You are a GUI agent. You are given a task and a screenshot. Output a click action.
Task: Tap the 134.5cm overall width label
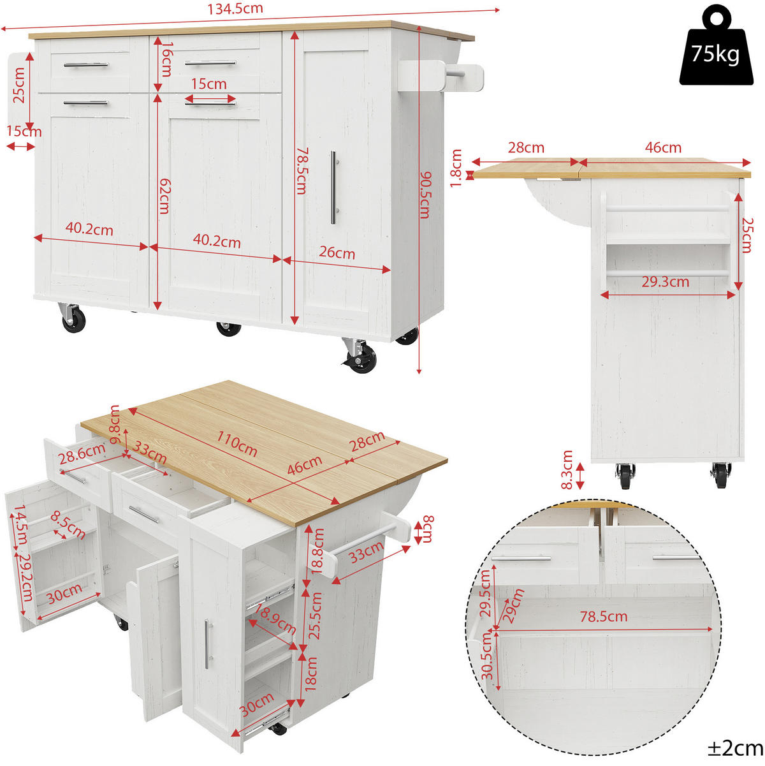click(x=235, y=9)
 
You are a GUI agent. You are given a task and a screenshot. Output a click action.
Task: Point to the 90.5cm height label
click(x=425, y=195)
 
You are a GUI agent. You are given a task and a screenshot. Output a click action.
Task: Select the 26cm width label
click(x=337, y=253)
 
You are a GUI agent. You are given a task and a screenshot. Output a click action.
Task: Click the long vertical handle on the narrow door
click(x=333, y=188)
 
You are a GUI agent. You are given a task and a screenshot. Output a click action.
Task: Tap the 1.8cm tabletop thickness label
click(x=456, y=168)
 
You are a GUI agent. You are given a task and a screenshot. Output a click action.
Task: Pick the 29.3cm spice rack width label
click(x=666, y=281)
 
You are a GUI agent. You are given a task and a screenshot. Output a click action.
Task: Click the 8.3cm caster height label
click(x=567, y=469)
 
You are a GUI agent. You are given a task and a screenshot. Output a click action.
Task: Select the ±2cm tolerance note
click(x=735, y=748)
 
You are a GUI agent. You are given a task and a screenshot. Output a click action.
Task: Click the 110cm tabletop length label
click(x=237, y=444)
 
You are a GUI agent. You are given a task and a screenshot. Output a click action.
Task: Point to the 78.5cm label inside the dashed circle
click(x=604, y=617)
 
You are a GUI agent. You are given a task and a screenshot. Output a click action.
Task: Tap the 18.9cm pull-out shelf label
click(x=275, y=620)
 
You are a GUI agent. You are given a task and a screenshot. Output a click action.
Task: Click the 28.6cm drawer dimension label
click(x=82, y=453)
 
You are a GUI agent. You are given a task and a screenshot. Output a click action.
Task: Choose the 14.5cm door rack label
click(x=20, y=524)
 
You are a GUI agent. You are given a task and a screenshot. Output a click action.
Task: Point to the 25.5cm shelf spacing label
click(x=315, y=615)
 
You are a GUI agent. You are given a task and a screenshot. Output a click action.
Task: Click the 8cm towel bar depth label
click(x=428, y=529)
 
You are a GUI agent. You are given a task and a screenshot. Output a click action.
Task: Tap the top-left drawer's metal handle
click(x=86, y=64)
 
